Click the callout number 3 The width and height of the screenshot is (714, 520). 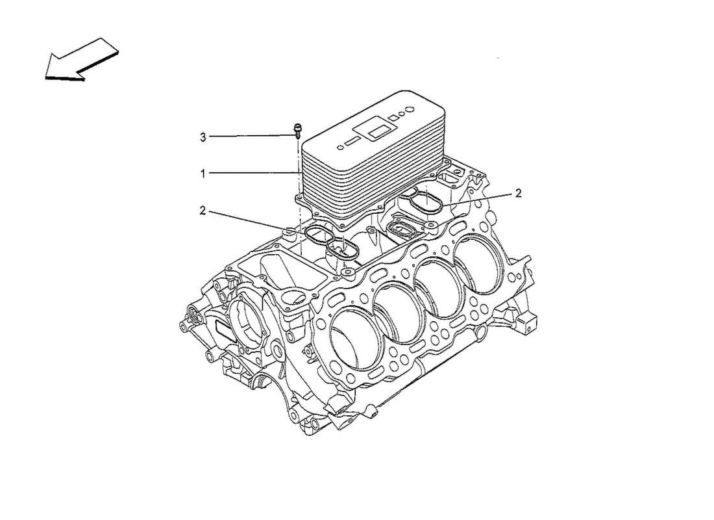[203, 137]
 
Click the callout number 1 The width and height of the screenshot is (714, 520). [203, 174]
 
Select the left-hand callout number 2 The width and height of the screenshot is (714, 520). [203, 210]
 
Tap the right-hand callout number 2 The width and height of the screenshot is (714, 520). [518, 193]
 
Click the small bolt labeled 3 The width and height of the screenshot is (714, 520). [297, 129]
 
